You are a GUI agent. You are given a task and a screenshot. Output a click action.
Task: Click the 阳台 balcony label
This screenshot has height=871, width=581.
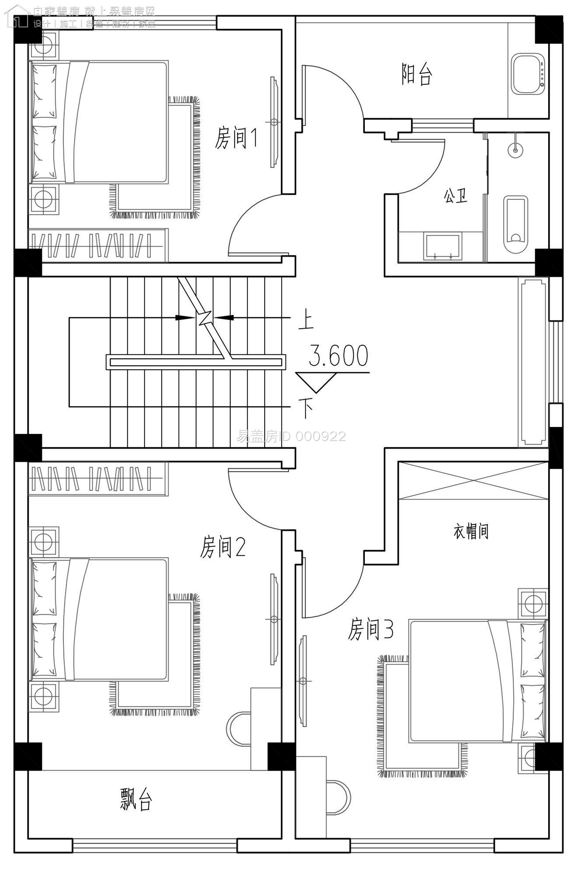[x=416, y=74]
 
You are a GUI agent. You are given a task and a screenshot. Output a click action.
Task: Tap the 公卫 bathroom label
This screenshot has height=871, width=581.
[x=456, y=196]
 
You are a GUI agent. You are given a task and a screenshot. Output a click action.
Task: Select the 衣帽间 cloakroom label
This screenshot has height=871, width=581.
[x=471, y=531]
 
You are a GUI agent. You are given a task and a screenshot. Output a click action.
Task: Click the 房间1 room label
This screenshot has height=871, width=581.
[x=236, y=138]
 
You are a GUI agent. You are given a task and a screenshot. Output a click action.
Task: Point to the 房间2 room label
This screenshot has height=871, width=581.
[x=223, y=547]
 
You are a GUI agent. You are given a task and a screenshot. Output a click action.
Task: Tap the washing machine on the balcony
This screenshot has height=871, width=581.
[x=528, y=74]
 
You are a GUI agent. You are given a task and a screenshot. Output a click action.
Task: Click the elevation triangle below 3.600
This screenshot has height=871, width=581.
[x=316, y=382]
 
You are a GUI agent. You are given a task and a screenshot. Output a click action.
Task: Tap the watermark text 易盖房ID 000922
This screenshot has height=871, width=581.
[x=291, y=437]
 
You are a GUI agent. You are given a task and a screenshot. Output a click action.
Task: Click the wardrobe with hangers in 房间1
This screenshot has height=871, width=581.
[x=98, y=245]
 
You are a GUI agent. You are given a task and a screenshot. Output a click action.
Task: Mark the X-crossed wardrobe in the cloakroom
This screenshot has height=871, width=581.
[x=473, y=480]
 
